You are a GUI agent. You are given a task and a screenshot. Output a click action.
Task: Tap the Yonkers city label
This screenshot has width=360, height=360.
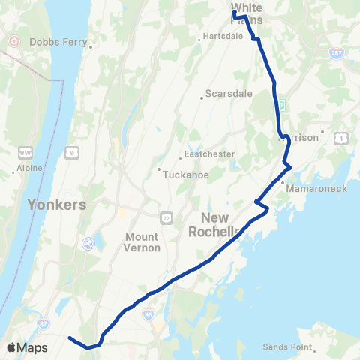[x=57, y=205]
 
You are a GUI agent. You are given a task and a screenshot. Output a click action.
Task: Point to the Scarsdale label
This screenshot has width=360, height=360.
[x=224, y=95]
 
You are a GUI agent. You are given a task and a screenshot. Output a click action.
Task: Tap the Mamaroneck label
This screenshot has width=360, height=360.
[x=319, y=189]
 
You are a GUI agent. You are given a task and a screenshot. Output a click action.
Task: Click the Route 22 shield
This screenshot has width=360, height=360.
[x=166, y=217]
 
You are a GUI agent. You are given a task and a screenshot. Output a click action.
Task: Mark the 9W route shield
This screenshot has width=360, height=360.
[x=25, y=153]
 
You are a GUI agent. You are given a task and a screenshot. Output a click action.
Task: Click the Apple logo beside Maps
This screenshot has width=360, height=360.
[x=11, y=347]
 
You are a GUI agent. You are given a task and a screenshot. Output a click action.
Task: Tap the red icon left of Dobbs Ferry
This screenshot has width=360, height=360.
[x=13, y=43]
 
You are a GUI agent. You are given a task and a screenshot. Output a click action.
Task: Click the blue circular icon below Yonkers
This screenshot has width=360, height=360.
[x=89, y=244]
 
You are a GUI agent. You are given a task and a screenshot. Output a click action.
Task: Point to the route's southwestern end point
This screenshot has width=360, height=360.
[x=70, y=338]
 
